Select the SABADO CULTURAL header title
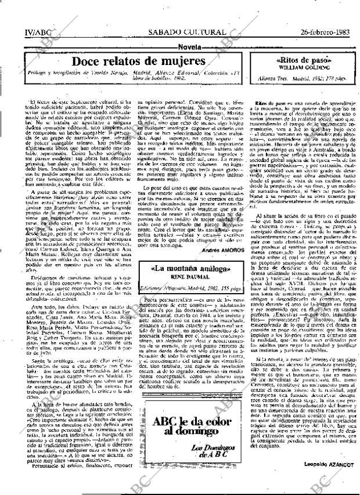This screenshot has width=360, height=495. [186, 32]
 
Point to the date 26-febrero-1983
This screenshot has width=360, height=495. [324, 32]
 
